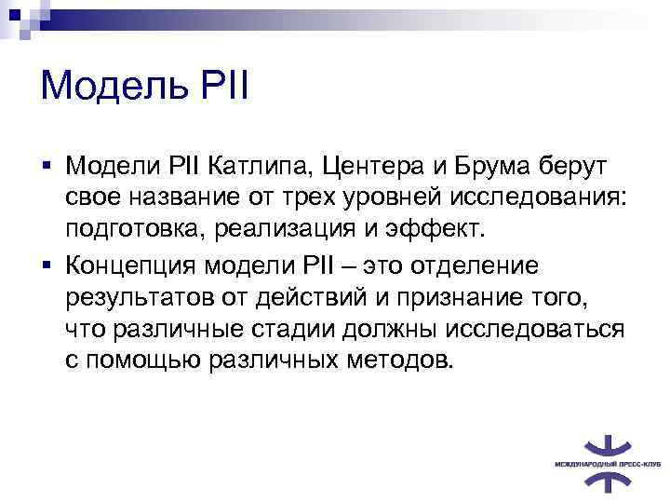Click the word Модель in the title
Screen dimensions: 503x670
click(x=110, y=88)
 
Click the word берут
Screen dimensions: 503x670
click(x=583, y=166)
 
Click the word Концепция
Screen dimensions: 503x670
click(x=133, y=265)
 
